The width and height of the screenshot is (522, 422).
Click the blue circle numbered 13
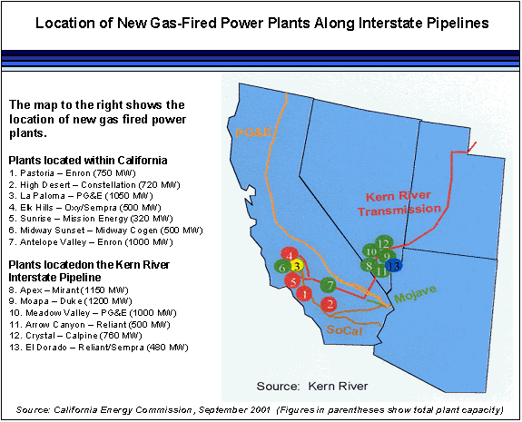(393, 266)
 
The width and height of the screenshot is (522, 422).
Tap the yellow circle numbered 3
(297, 266)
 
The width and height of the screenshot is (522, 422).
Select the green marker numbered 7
(329, 285)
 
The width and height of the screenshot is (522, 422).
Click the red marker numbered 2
(329, 304)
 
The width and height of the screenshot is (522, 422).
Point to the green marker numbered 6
(282, 267)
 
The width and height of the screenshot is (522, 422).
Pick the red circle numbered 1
(303, 294)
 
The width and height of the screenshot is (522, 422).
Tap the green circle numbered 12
(384, 243)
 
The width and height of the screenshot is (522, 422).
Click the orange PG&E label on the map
(253, 132)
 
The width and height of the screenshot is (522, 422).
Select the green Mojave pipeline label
(415, 294)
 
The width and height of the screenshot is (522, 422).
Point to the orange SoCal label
(344, 329)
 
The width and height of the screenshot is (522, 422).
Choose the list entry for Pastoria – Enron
(73, 173)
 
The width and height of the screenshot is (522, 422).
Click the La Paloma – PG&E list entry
(81, 196)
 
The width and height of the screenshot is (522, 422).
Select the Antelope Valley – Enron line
(91, 242)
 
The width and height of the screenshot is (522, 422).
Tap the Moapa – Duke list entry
(70, 301)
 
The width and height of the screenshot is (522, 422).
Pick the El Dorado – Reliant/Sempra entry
(99, 348)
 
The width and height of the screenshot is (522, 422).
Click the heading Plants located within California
(88, 161)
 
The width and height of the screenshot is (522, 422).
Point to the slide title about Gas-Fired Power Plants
(262, 24)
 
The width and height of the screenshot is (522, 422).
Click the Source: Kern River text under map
(312, 386)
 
